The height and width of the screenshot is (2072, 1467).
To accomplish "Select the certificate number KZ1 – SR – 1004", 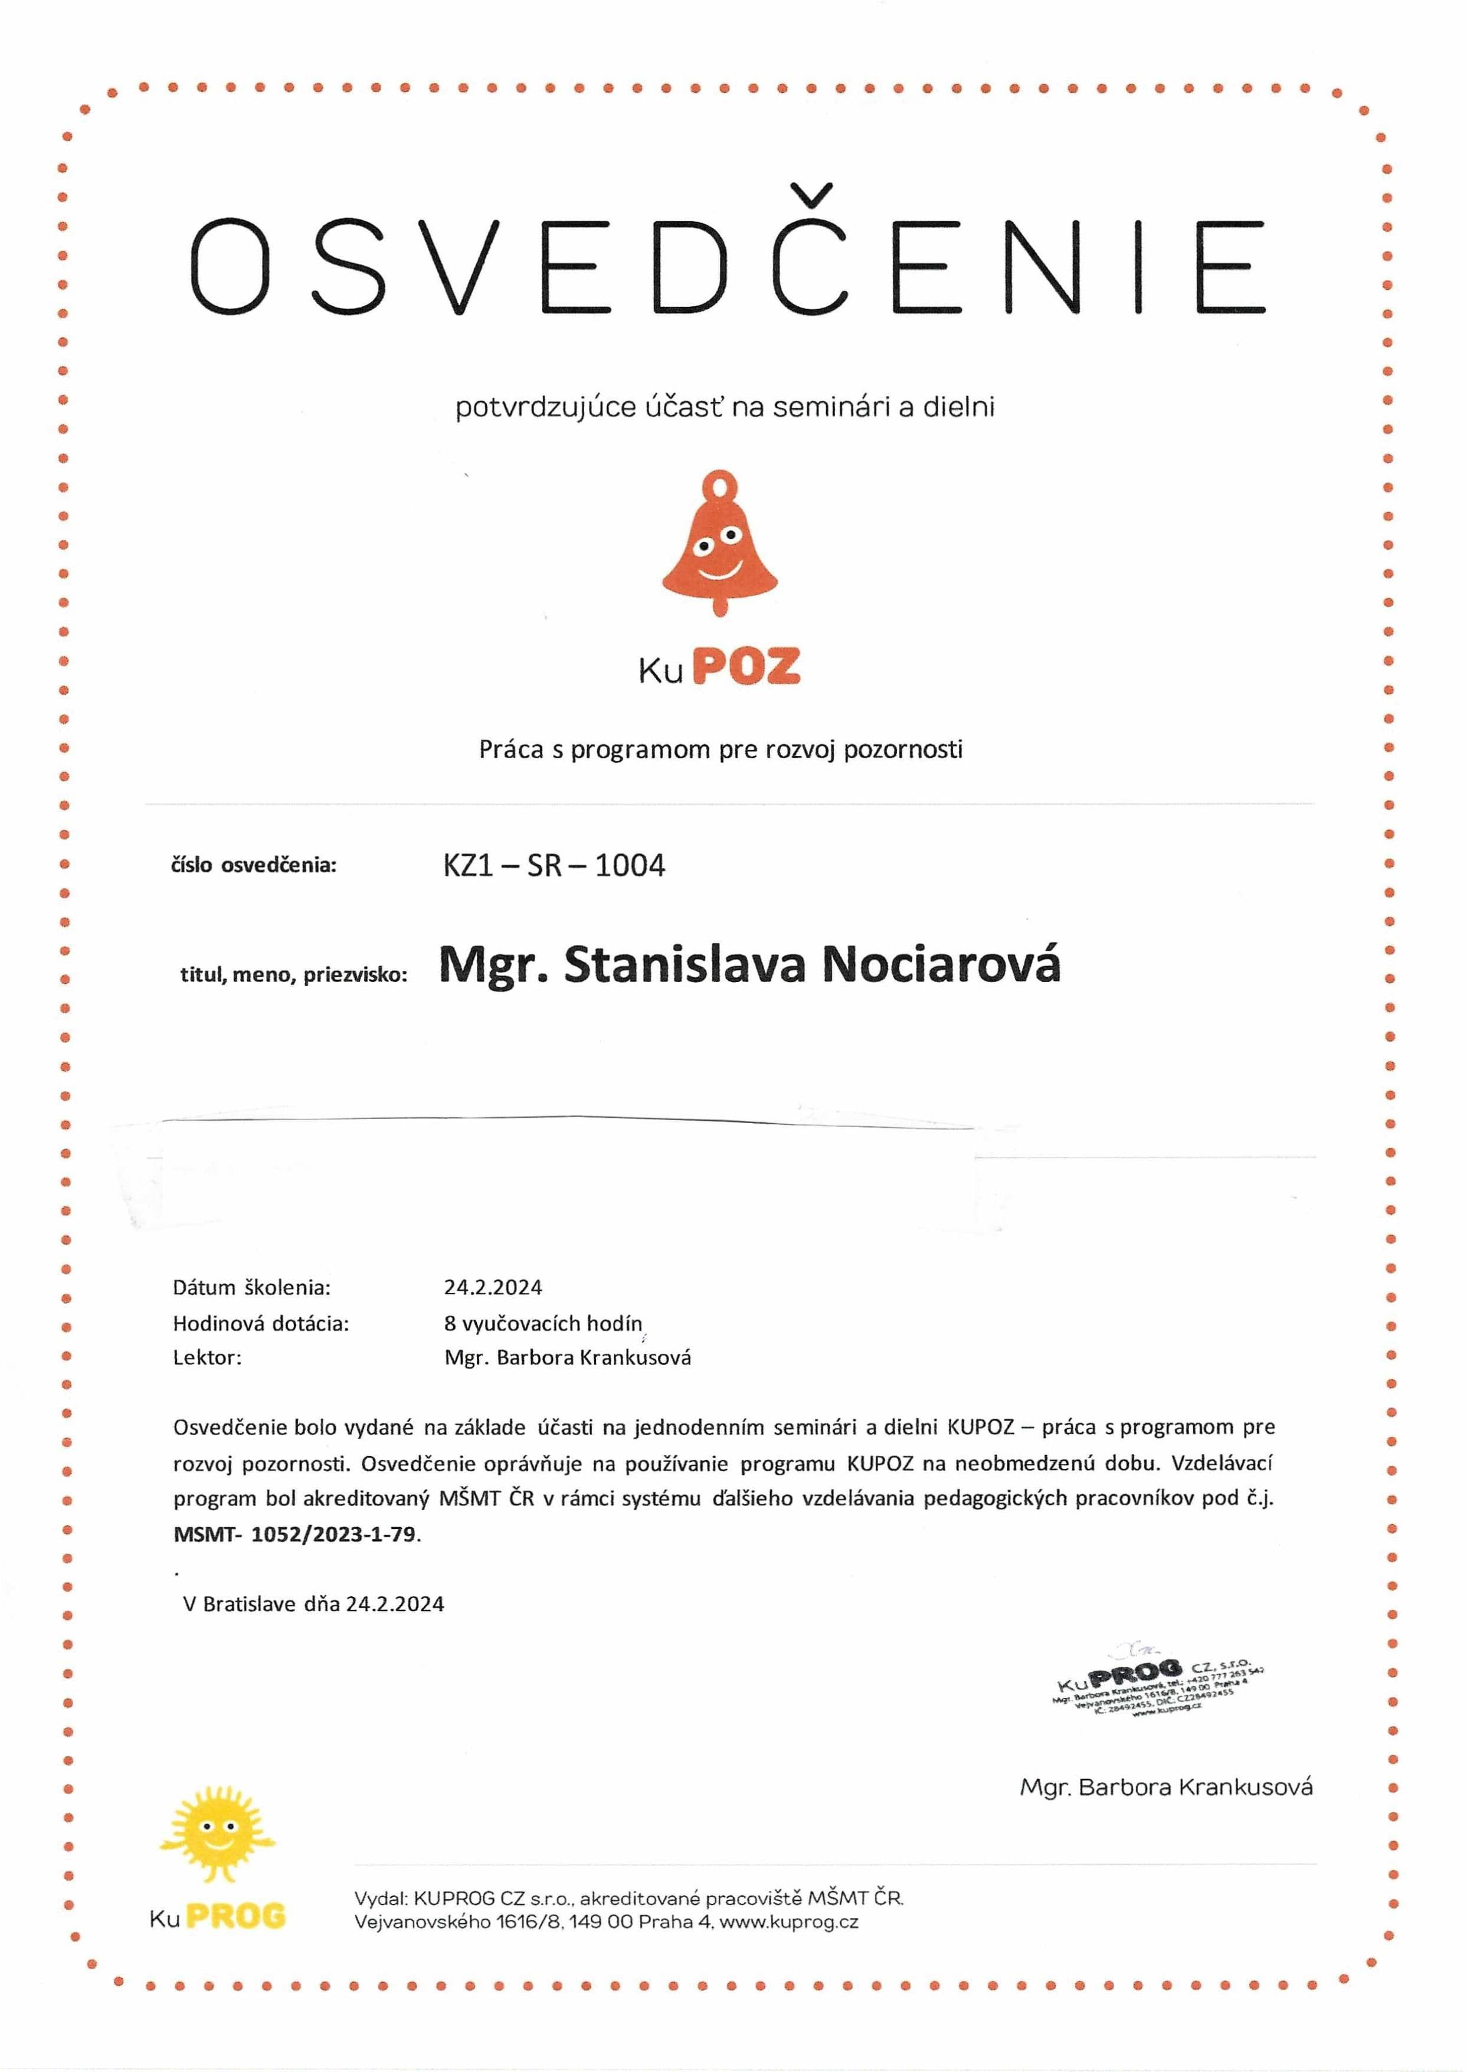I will [554, 865].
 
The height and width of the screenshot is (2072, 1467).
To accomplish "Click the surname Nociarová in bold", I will [941, 965].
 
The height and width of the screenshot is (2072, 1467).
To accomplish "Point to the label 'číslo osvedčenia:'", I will [253, 865].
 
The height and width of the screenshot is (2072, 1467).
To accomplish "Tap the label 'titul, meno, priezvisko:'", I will [294, 974].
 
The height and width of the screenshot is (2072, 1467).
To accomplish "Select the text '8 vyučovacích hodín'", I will [543, 1323].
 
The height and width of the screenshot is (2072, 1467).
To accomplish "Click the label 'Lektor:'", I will [207, 1357].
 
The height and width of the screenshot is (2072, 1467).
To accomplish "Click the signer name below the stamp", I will [1165, 1786].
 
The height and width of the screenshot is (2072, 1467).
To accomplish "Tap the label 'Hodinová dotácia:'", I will [260, 1323].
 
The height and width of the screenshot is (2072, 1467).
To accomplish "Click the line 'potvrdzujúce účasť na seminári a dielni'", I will [725, 407].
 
